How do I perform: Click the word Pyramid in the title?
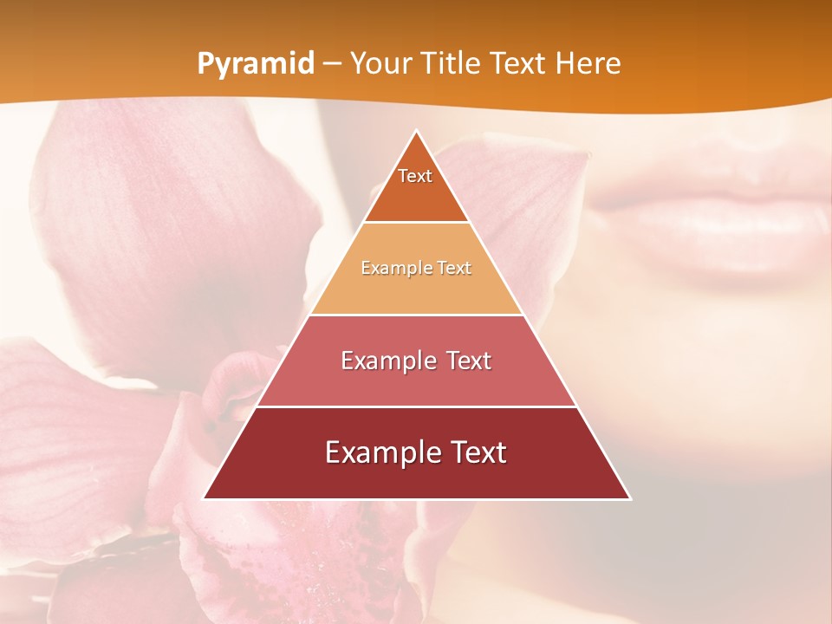(x=256, y=64)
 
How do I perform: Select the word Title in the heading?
(x=454, y=63)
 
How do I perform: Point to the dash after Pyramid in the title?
(x=332, y=65)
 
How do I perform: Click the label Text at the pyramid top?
(x=415, y=176)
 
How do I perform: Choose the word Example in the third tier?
(x=387, y=361)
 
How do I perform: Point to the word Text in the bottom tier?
(x=472, y=452)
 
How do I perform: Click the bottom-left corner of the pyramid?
(x=205, y=498)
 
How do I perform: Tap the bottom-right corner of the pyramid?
(x=629, y=498)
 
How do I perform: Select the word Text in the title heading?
(x=520, y=63)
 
